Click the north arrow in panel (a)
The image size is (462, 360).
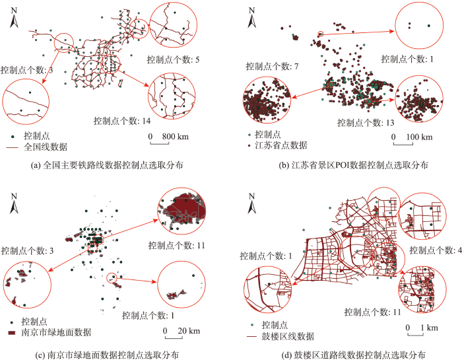[x=14, y=20]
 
